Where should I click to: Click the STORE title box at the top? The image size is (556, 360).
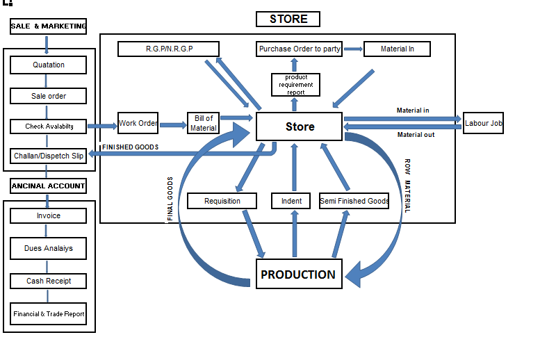click(288, 19)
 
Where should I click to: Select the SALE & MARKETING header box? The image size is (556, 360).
click(49, 26)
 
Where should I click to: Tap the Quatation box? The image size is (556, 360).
click(49, 65)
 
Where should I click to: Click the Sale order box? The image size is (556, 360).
click(49, 96)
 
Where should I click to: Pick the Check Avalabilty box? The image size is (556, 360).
click(49, 126)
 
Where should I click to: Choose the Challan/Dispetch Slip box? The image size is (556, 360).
click(49, 156)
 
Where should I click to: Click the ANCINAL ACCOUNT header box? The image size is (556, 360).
click(49, 186)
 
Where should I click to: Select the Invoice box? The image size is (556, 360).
click(49, 216)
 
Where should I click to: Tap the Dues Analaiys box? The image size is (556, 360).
click(49, 248)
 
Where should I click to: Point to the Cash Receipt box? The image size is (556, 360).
click(49, 281)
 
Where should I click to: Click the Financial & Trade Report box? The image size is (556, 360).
click(49, 314)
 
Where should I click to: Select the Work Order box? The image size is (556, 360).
click(138, 124)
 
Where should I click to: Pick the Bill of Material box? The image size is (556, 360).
click(204, 124)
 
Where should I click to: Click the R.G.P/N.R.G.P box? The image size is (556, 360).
click(169, 49)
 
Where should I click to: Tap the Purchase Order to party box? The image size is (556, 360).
click(300, 49)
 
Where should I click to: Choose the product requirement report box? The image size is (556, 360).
click(296, 84)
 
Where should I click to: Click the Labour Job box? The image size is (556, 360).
click(484, 123)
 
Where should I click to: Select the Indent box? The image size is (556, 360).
click(292, 202)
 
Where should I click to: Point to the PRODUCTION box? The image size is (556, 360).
click(298, 275)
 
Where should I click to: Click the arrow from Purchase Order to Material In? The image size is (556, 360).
click(354, 49)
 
